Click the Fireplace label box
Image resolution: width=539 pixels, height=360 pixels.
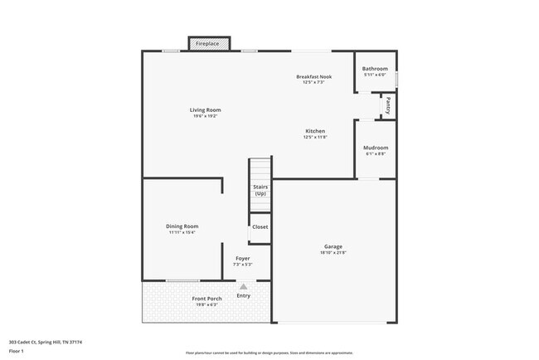(208, 42)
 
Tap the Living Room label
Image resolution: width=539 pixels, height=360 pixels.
(205, 109)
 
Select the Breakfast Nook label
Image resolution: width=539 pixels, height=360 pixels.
(314, 76)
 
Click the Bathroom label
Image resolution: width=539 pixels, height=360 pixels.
(375, 69)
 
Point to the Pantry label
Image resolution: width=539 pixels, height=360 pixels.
(386, 106)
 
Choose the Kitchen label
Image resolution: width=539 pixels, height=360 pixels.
(314, 131)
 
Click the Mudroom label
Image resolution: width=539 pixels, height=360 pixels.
(375, 148)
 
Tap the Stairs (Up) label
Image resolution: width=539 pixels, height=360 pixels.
(260, 190)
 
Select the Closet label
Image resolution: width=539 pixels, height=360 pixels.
(260, 226)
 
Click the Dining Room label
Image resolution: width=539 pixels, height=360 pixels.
(182, 226)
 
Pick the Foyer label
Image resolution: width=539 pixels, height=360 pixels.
(242, 258)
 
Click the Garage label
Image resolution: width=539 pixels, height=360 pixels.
(333, 246)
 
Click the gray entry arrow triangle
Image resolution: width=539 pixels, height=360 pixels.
(244, 286)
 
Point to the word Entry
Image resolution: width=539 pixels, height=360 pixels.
(244, 295)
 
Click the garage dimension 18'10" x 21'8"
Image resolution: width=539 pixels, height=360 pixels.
(333, 253)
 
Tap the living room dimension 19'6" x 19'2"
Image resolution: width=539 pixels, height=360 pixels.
(205, 116)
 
